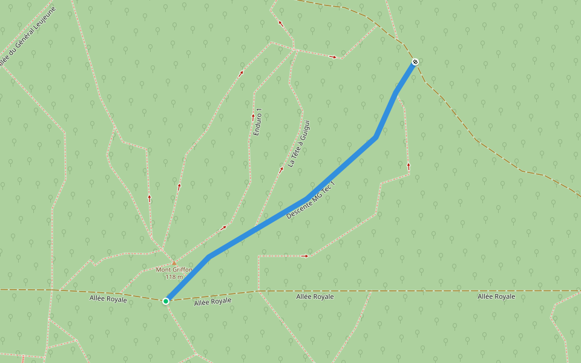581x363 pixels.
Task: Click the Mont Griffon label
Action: [x=174, y=270]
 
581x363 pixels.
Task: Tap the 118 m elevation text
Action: [x=174, y=277]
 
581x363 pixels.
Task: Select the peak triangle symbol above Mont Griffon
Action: [x=174, y=263]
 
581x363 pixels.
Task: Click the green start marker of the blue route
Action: [x=166, y=301]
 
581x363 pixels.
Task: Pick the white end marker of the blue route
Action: [x=415, y=62]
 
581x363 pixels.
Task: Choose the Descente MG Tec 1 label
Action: [x=310, y=200]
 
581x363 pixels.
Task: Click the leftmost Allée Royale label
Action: [x=108, y=299]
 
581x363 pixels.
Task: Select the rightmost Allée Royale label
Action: [x=496, y=296]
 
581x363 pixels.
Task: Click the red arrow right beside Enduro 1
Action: [x=253, y=117]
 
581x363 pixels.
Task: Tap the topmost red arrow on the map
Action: [x=280, y=23]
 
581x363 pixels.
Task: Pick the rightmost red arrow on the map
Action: [x=409, y=165]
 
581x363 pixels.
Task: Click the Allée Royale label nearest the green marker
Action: [x=212, y=301]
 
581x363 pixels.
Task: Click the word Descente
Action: [x=299, y=208]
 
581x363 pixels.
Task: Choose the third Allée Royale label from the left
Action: [x=315, y=296]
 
